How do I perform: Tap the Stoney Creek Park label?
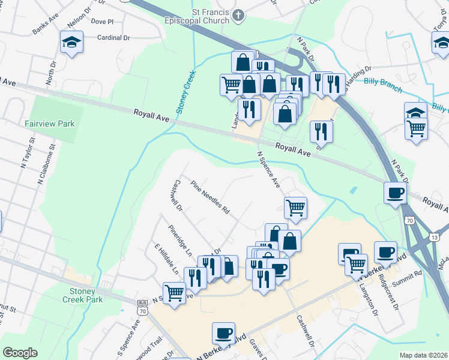click(83, 295)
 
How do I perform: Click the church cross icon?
click(239, 16)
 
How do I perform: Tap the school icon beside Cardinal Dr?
click(71, 43)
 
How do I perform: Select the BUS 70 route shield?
click(142, 308)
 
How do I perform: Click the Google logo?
click(20, 353)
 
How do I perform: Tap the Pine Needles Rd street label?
click(211, 197)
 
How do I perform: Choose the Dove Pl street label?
click(103, 21)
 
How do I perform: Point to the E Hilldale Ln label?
click(167, 259)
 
